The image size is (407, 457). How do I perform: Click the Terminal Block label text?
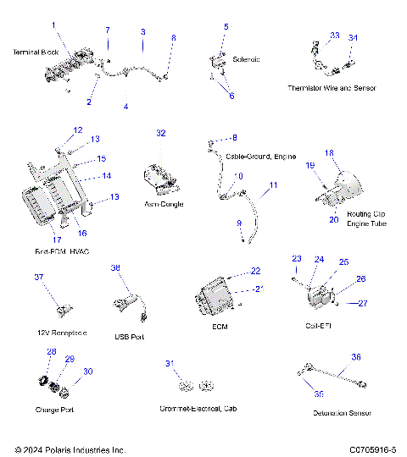(x=34, y=52)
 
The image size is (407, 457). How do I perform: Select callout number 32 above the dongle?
(x=161, y=134)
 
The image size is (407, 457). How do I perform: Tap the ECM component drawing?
(x=216, y=298)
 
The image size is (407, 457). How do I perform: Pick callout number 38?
(x=116, y=268)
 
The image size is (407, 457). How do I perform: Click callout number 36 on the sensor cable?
(x=356, y=357)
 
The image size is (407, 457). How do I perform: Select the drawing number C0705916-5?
(x=365, y=449)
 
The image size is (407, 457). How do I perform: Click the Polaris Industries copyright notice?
(x=70, y=449)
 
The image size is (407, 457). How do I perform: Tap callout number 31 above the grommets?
(x=169, y=364)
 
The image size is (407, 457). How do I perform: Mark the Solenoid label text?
(x=246, y=59)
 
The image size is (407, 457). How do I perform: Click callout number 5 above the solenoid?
(x=226, y=27)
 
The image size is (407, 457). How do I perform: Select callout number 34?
(x=354, y=38)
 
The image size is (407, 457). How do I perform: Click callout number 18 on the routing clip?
(x=330, y=153)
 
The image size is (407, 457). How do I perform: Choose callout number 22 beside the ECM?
(x=256, y=271)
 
